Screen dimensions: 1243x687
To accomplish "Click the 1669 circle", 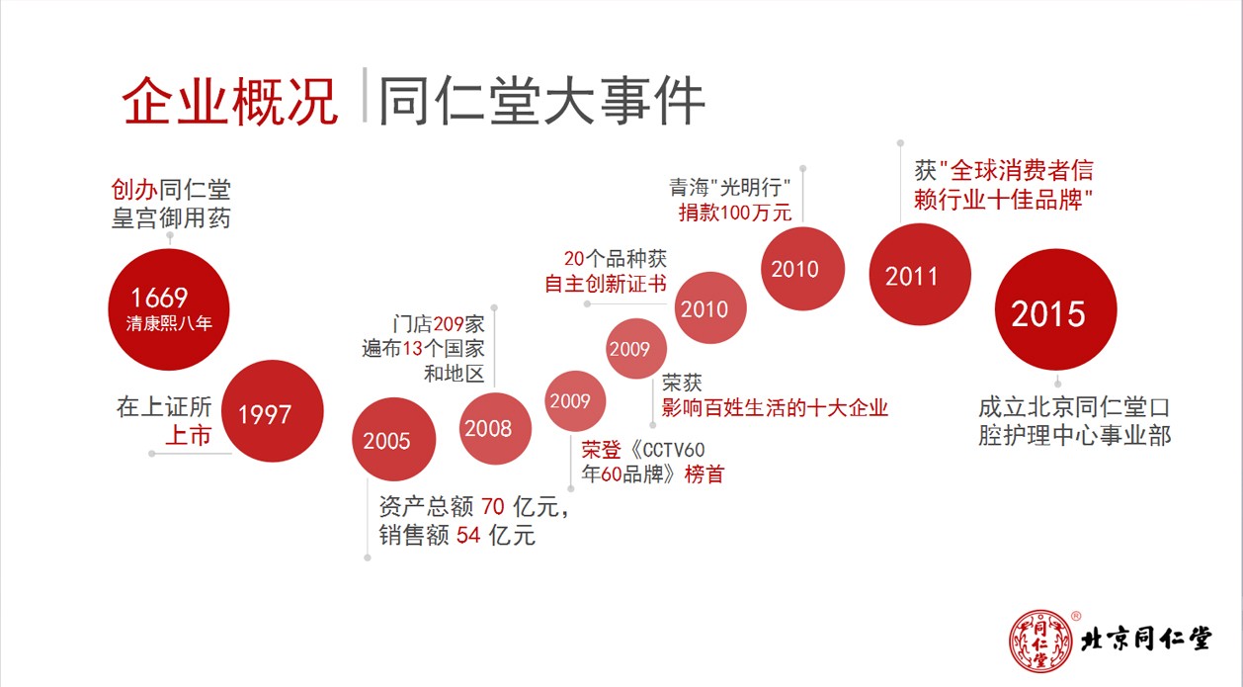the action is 169,309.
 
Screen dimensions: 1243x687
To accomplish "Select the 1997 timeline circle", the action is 272,410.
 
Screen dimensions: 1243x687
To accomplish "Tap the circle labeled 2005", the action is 394,439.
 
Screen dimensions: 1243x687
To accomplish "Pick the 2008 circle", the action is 495,428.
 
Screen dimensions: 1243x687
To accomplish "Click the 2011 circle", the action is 920,274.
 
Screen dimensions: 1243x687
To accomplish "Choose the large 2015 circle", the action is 1055,309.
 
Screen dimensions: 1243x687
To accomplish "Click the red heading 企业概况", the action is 230,102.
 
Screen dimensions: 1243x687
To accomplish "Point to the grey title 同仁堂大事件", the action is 541,102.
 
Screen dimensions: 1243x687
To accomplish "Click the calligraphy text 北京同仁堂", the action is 1146,640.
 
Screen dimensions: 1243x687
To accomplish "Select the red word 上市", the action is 189,435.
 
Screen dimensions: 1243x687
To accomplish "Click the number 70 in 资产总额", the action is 493,507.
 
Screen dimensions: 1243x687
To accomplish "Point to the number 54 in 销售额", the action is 468,536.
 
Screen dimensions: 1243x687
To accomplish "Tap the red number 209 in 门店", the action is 449,323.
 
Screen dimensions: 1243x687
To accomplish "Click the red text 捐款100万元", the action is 735,213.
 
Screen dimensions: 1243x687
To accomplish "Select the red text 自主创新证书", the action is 606,284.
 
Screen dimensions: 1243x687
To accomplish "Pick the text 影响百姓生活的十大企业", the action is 775,408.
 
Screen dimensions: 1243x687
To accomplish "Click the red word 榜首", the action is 704,474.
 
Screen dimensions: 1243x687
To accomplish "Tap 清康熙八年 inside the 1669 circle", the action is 169,323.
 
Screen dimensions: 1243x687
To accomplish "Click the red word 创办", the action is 133,190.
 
